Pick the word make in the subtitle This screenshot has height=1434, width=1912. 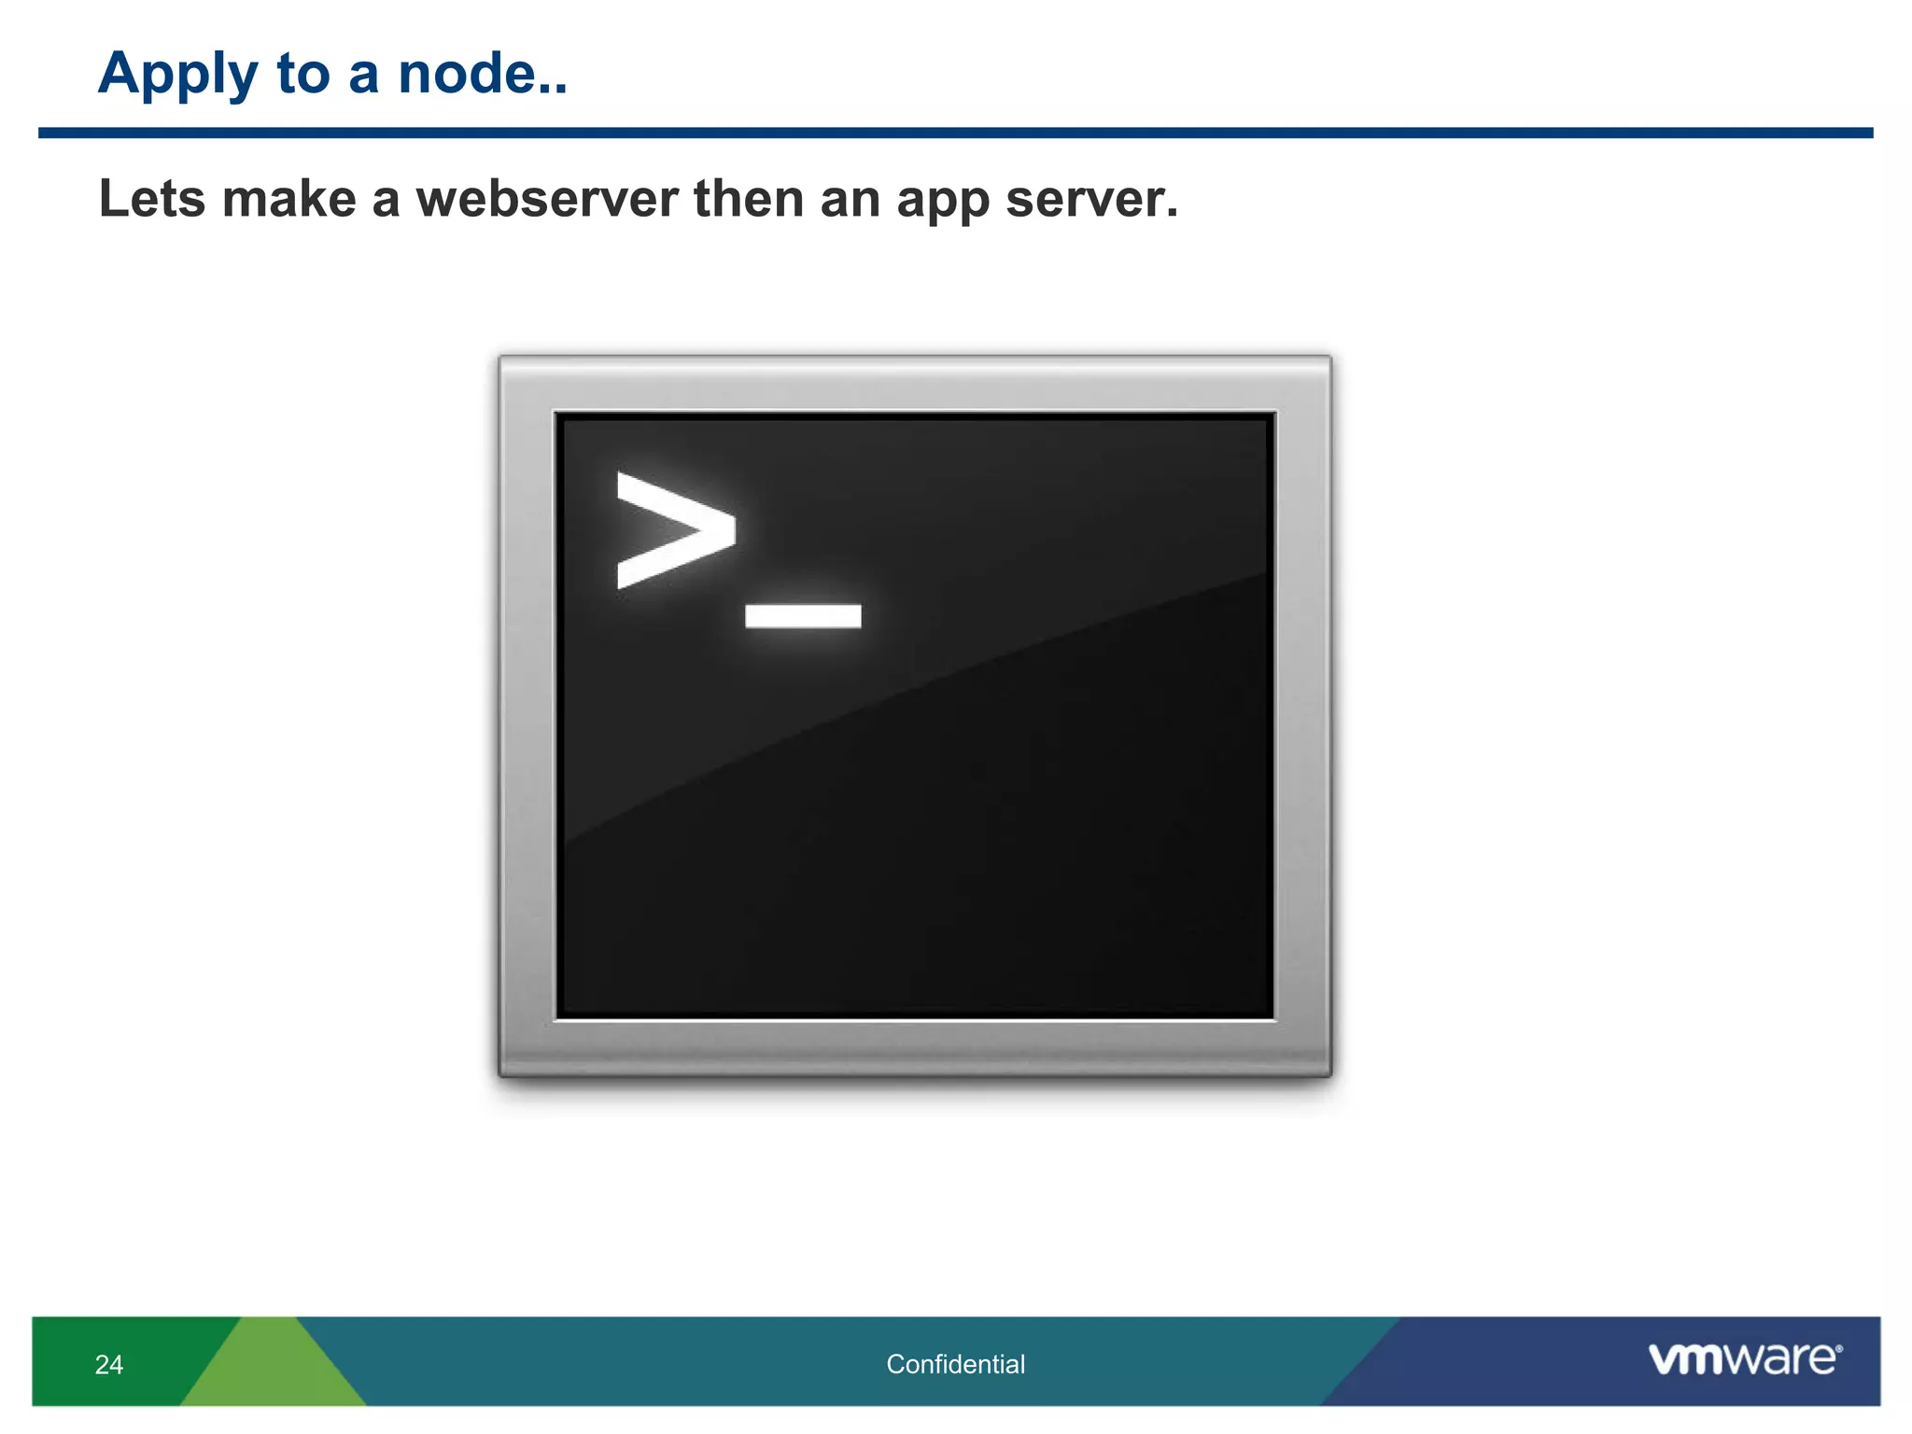click(288, 199)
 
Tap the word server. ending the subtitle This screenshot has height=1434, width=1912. click(1091, 199)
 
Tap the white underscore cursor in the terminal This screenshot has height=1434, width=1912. click(803, 616)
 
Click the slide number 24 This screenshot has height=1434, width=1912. click(109, 1364)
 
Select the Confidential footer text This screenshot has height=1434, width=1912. click(955, 1364)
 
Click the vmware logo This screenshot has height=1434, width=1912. click(1744, 1358)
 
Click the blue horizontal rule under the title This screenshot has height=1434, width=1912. click(955, 133)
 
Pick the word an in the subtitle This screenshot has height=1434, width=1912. click(849, 199)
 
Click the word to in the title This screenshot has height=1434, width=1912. click(303, 75)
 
